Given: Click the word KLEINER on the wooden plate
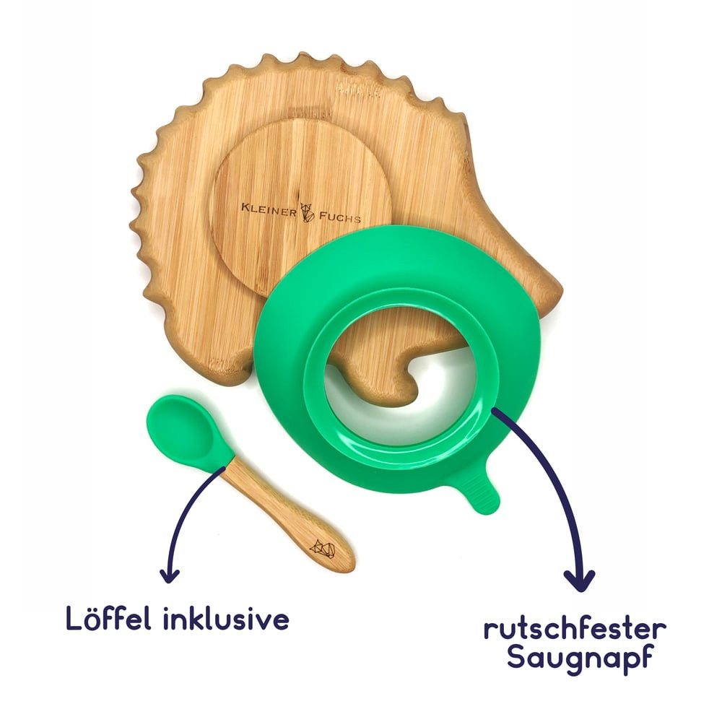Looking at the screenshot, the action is pos(269,209).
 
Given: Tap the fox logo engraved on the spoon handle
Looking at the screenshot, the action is pos(322,549).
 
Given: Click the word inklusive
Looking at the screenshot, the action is pos(226,618).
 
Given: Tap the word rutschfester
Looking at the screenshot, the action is pos(575,629).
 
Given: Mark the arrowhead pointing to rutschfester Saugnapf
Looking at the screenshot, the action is pos(579,580).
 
